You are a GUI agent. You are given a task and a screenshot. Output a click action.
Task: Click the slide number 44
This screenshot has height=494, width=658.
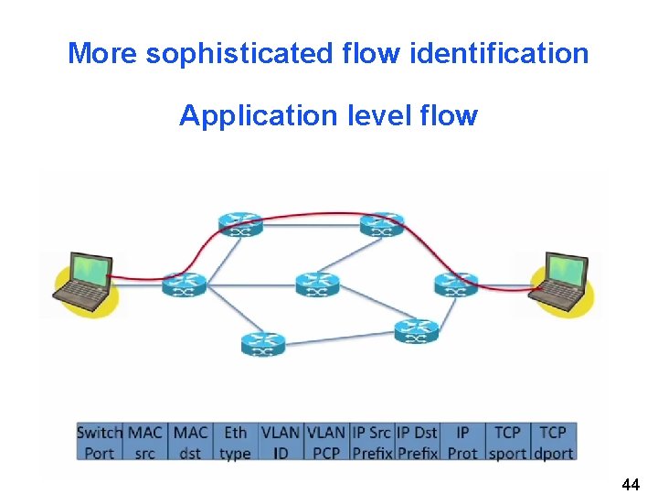pos(630,484)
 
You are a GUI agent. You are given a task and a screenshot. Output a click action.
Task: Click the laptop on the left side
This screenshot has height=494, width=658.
pos(84,279)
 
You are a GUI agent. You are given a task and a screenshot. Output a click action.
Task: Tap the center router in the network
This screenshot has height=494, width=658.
pos(317,284)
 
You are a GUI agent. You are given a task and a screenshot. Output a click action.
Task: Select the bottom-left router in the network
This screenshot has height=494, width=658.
pos(263,344)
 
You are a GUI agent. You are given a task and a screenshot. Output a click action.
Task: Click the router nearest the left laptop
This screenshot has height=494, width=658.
pos(184,285)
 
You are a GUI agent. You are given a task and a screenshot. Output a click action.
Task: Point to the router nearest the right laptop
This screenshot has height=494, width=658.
pos(455,285)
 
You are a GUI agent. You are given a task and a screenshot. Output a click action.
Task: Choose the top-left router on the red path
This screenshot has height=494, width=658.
pos(240,223)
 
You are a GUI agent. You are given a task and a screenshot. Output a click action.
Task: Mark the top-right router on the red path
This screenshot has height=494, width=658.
pos(382,224)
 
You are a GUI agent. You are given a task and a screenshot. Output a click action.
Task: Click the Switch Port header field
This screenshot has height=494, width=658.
pos(99,442)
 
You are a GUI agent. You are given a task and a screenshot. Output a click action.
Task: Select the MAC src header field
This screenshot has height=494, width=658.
pos(145,442)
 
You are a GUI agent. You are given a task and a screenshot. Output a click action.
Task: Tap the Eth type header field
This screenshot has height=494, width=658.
pos(235,442)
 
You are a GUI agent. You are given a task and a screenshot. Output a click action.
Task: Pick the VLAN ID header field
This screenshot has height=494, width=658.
pos(280,442)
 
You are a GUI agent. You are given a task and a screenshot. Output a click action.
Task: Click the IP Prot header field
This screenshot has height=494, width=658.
pos(462,442)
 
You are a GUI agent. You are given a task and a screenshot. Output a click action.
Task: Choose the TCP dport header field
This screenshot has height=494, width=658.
pos(553,442)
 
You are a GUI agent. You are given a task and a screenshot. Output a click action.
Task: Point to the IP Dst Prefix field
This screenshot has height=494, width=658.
pos(417,442)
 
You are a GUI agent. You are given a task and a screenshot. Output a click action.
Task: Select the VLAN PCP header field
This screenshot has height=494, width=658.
pos(325,442)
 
